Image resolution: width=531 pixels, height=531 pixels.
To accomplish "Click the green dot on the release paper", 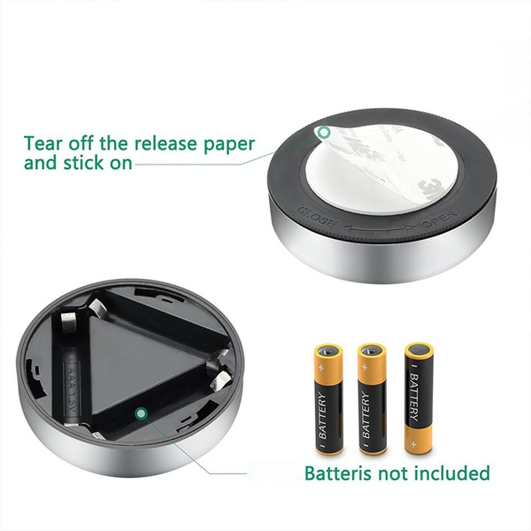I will [324, 132].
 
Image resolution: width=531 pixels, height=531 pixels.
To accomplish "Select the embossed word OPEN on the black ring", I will [439, 220].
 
